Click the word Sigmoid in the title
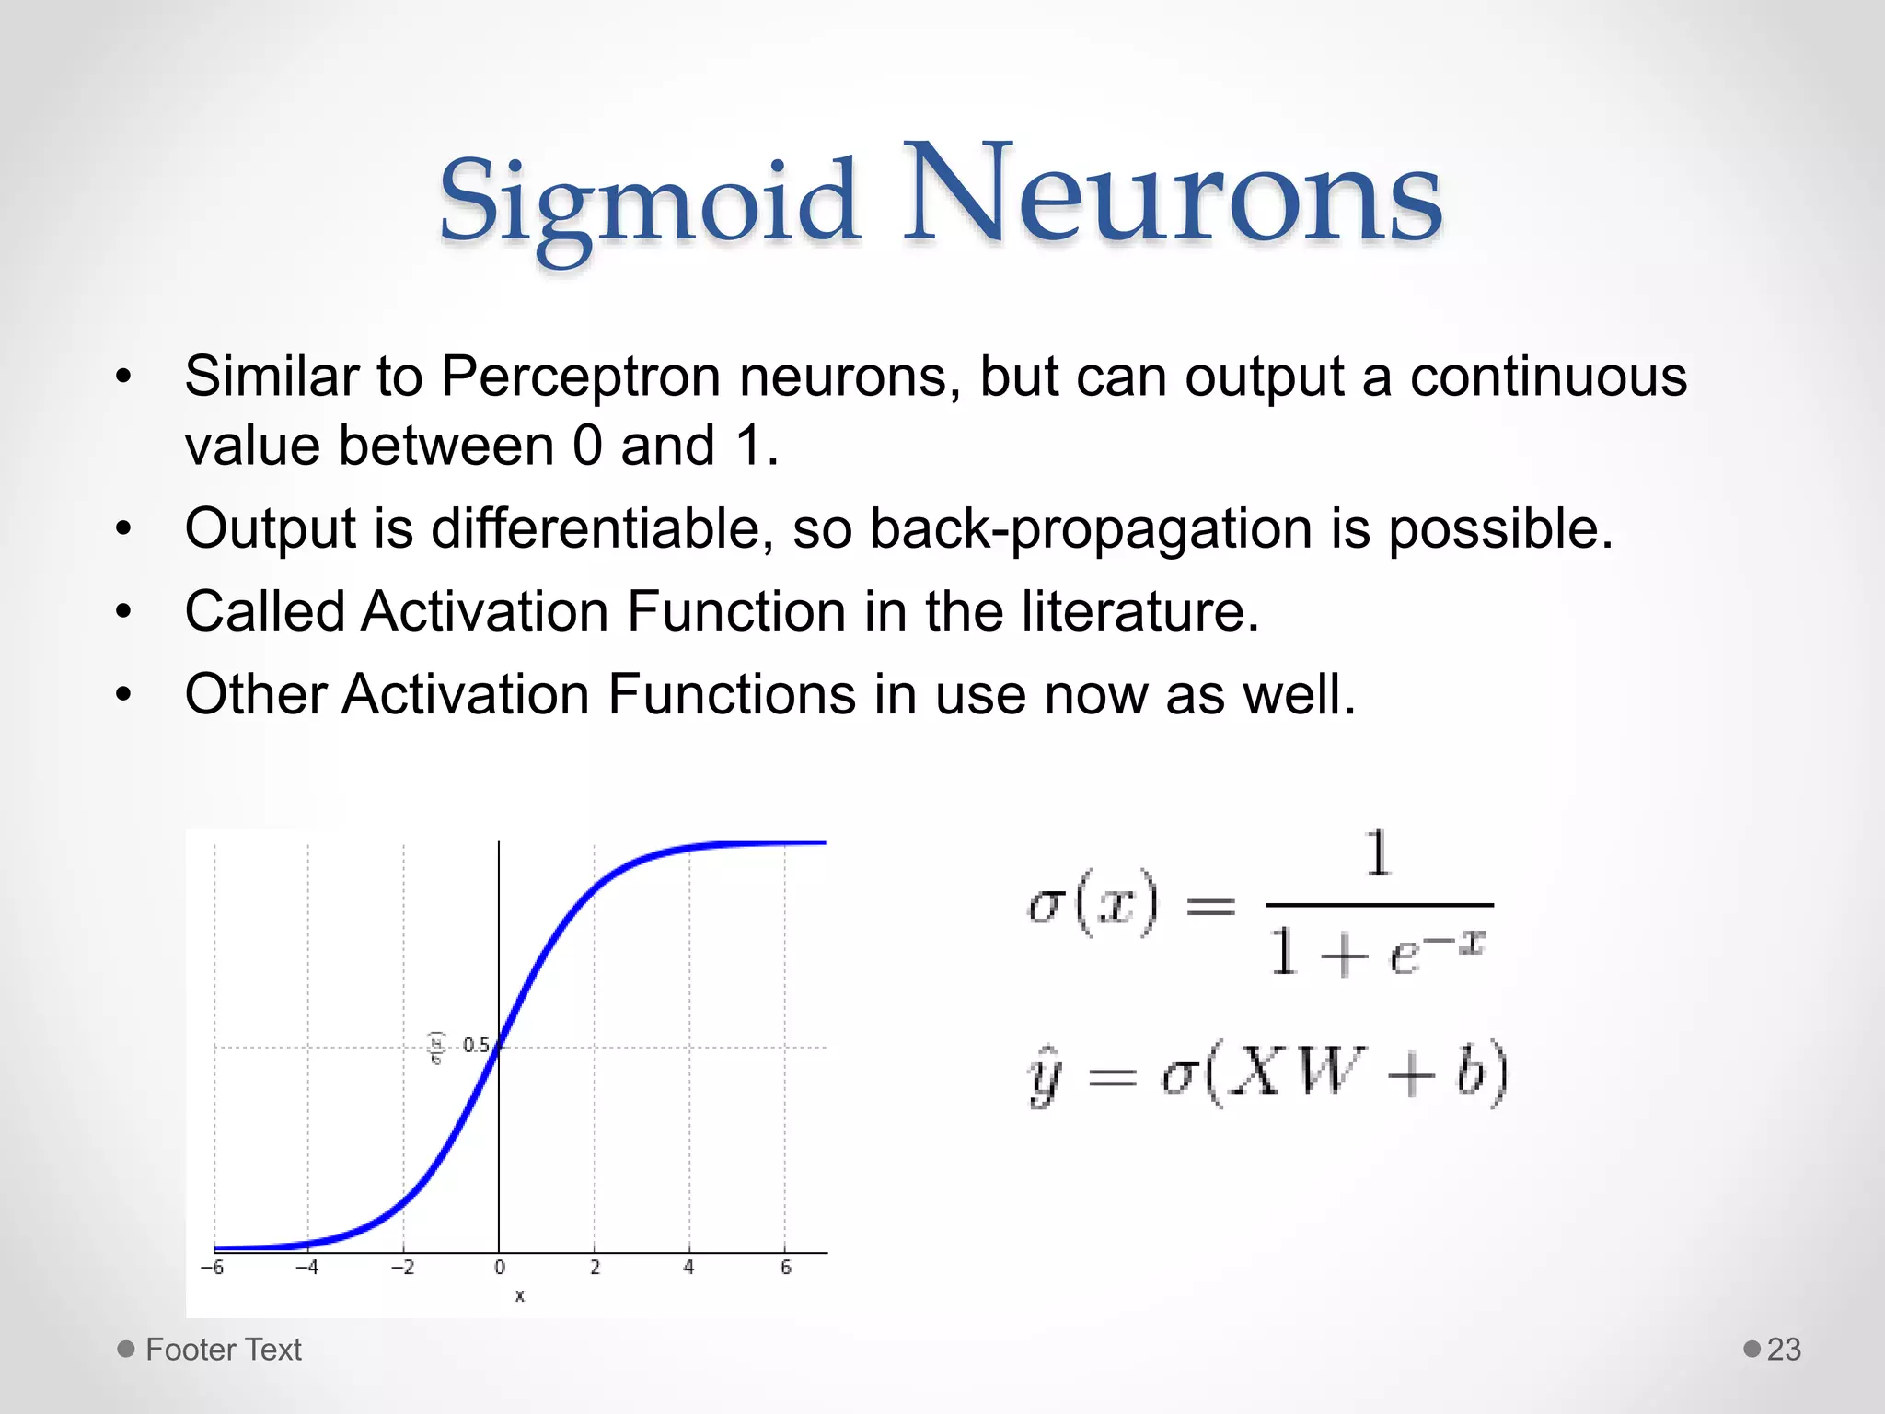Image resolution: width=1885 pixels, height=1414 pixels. pyautogui.click(x=648, y=203)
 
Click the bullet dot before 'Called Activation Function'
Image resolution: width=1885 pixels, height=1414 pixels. pyautogui.click(x=124, y=611)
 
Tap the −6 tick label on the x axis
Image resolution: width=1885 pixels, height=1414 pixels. pyautogui.click(x=212, y=1268)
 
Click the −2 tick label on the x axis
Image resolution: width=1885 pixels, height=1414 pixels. pyautogui.click(x=402, y=1268)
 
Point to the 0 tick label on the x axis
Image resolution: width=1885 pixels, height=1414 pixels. pyautogui.click(x=500, y=1268)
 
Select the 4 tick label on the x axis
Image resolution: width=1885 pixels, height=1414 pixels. pyautogui.click(x=688, y=1268)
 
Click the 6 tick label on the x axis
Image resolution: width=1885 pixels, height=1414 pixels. pyautogui.click(x=786, y=1268)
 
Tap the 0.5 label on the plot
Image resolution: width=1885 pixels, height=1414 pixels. pyautogui.click(x=475, y=1046)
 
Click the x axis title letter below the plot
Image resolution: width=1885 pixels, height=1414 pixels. pyautogui.click(x=519, y=1296)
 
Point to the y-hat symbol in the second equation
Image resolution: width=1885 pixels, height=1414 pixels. pyautogui.click(x=1046, y=1077)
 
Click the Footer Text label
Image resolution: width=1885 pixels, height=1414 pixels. pyautogui.click(x=223, y=1350)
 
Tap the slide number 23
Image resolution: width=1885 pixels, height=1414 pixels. pyautogui.click(x=1783, y=1350)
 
